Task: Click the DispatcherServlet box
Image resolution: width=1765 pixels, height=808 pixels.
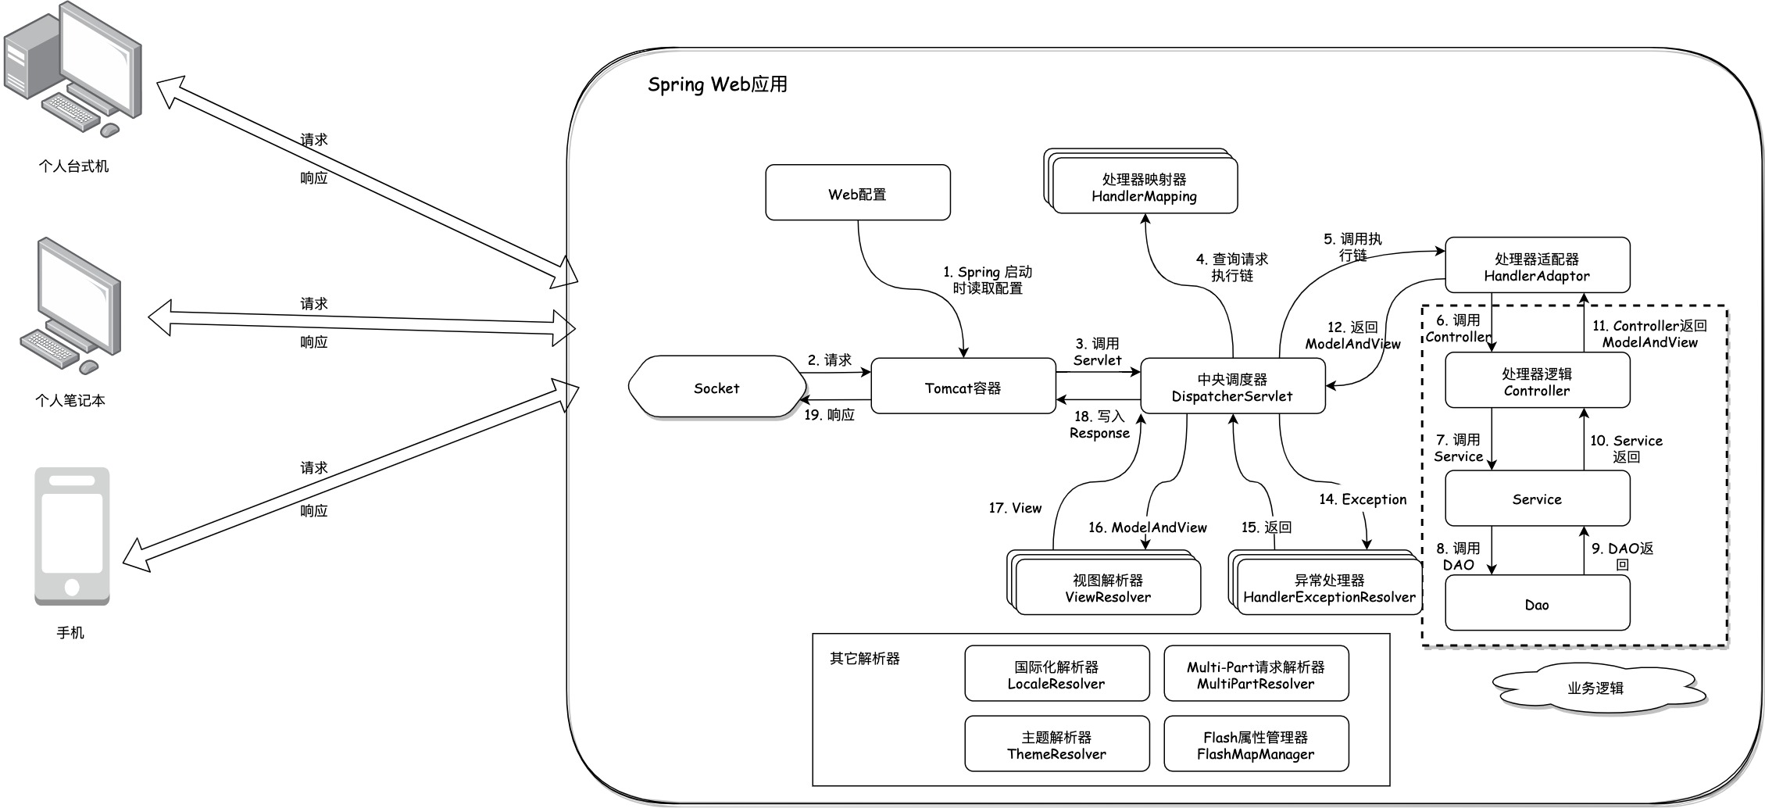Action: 1232,387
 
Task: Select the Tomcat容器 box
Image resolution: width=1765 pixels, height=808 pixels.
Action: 963,387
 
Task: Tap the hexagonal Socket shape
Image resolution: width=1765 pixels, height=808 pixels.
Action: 716,388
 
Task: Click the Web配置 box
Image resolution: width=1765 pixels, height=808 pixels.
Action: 857,193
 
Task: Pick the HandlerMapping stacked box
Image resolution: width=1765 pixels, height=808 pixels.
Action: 1144,188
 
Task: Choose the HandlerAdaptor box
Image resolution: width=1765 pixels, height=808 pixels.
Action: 1536,266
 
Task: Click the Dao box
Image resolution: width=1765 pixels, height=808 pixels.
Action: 1536,603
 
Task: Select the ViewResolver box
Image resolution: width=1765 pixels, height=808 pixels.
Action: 1107,588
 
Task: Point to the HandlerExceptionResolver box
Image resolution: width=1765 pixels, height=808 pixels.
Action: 1328,588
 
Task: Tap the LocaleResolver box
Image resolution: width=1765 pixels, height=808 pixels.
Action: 1056,674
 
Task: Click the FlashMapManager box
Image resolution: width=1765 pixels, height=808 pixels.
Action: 1255,745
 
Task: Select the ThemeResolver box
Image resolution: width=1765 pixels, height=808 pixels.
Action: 1056,745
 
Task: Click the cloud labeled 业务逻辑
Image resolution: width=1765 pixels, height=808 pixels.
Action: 1595,688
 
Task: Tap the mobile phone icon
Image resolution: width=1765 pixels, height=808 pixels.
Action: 72,536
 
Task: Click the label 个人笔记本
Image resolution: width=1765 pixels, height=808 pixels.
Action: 70,400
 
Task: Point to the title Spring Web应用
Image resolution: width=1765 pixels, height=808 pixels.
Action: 716,84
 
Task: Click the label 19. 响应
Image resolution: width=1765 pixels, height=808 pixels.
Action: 829,415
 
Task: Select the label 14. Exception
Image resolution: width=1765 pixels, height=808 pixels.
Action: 1362,499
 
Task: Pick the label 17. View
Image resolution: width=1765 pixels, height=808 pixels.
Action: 1014,508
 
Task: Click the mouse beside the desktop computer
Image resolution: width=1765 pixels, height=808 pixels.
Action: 110,129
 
